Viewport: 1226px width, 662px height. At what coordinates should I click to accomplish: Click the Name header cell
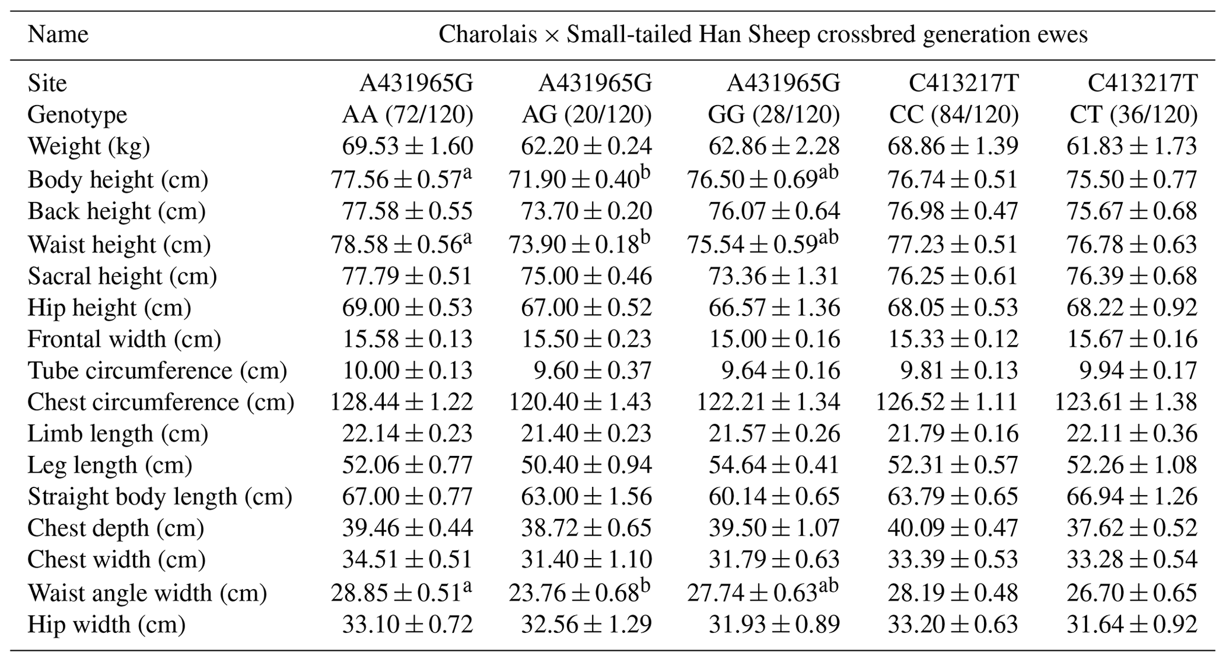58,34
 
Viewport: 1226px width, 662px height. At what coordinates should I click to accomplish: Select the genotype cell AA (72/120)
407,115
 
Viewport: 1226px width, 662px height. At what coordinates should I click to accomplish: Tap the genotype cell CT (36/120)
1133,115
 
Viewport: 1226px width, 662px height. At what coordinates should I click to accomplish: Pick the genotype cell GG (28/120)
774,115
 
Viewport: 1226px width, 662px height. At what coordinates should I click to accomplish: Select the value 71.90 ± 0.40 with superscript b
579,179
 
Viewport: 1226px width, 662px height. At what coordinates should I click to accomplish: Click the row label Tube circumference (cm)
157,371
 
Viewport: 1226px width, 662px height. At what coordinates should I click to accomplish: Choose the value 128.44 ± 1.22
402,403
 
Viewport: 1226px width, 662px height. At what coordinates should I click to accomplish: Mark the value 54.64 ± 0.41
774,465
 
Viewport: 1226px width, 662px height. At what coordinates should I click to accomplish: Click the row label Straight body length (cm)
160,497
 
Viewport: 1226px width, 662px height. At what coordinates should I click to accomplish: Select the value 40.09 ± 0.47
953,528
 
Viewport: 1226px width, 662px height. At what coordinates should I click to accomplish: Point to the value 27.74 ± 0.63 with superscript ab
763,593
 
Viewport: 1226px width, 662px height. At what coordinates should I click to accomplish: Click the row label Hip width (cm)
107,625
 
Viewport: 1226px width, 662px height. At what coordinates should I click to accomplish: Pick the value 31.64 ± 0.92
1132,625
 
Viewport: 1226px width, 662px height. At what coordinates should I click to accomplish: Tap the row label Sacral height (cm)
122,277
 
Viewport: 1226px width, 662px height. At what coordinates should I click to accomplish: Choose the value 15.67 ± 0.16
1132,339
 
